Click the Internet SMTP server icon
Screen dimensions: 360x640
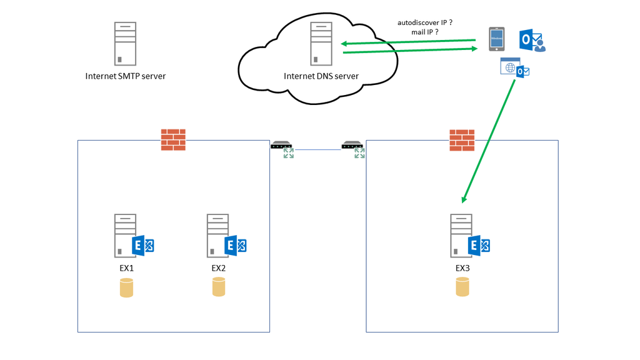pos(125,44)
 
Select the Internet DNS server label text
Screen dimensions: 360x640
pos(321,76)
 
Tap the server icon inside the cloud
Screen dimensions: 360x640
pos(321,44)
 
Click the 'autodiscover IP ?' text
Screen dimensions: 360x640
pos(425,22)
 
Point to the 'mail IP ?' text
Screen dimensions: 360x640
pos(425,32)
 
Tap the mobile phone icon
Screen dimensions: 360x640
pos(497,39)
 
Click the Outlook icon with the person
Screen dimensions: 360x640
pos(532,41)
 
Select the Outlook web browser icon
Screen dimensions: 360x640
pos(514,67)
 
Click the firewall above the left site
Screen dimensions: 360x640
pos(173,140)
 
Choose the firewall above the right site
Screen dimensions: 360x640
pos(462,140)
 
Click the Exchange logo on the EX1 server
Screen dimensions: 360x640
pos(143,246)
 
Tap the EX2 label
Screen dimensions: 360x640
pos(218,268)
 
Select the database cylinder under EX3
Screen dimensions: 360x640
pos(462,287)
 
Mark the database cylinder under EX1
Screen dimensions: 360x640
pos(126,288)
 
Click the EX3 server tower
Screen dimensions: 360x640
pos(461,236)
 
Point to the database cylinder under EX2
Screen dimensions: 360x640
pos(218,287)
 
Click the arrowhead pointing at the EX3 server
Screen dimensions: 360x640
pos(463,199)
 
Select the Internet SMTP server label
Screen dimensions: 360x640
pos(125,76)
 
